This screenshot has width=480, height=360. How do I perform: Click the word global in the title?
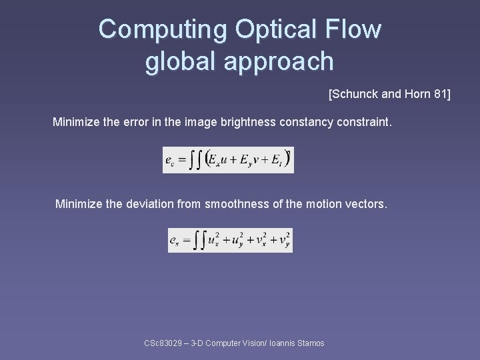coord(180,61)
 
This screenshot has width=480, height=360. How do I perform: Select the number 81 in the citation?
coord(440,95)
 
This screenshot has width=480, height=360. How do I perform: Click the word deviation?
coord(149,204)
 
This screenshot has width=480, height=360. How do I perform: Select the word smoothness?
coord(237,204)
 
